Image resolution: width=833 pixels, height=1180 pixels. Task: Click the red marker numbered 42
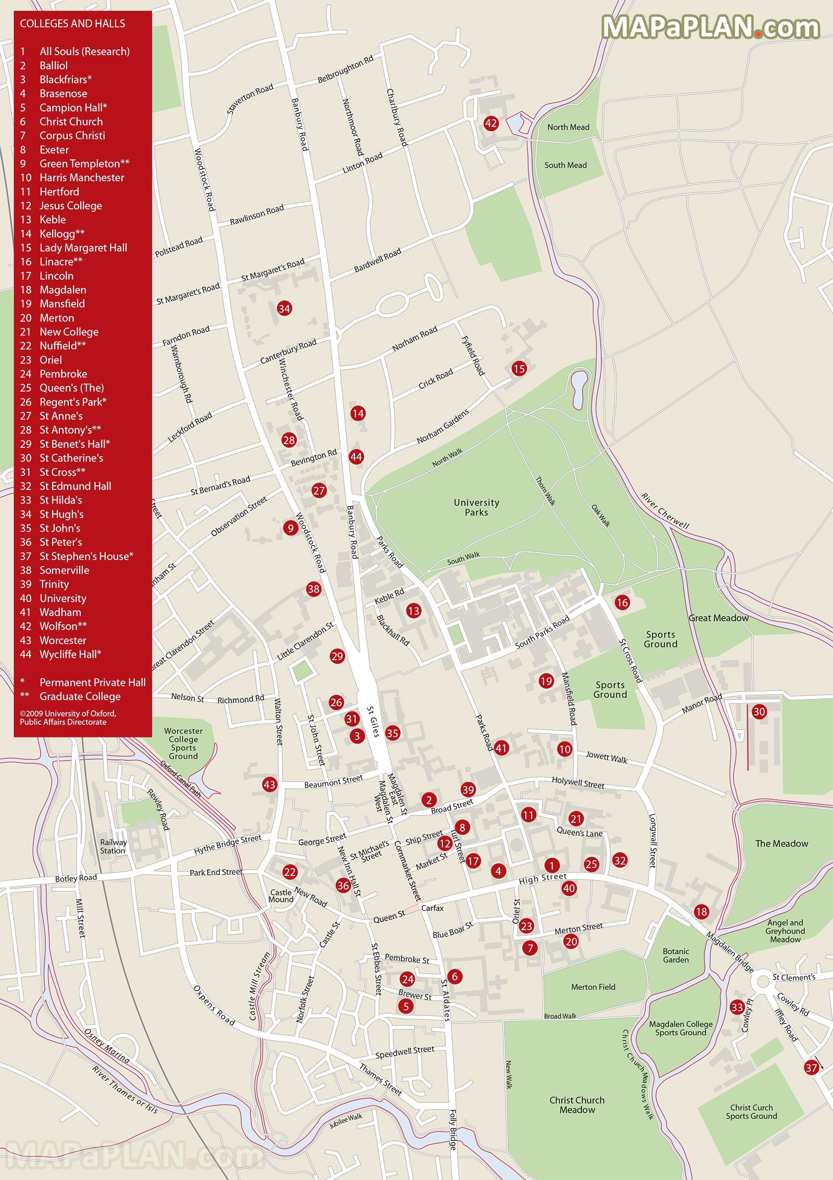click(x=491, y=123)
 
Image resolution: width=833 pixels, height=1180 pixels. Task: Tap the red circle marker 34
click(x=284, y=308)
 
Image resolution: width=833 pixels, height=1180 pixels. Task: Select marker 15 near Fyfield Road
click(x=519, y=369)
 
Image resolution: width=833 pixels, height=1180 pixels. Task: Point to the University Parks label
click(x=476, y=507)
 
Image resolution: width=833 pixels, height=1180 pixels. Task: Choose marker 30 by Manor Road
click(x=759, y=711)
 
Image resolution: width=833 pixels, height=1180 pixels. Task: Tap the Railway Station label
click(x=113, y=846)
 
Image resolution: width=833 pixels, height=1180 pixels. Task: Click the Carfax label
click(x=432, y=908)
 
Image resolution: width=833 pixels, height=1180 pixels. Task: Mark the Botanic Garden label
click(x=676, y=955)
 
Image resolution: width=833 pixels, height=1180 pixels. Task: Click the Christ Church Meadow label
click(x=577, y=1104)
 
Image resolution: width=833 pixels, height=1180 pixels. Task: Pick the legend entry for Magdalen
click(x=62, y=290)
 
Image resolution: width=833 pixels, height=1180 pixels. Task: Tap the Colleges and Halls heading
click(x=72, y=23)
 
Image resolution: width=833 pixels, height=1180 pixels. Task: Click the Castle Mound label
click(x=281, y=896)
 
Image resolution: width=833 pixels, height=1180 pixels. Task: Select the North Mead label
click(x=568, y=127)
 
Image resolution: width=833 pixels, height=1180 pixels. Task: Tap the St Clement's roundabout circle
click(x=763, y=981)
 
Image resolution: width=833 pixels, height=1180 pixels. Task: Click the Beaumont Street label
click(x=333, y=782)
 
